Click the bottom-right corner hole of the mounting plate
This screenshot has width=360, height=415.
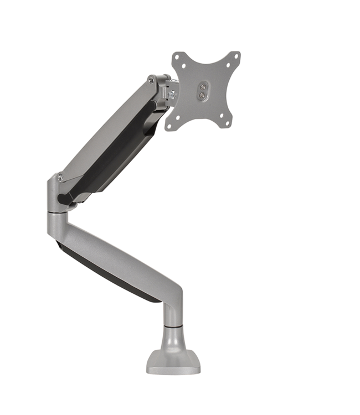pyautogui.click(x=229, y=124)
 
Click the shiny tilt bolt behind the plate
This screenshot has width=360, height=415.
pyautogui.click(x=172, y=95)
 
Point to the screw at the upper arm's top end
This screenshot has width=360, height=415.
pyautogui.click(x=151, y=81)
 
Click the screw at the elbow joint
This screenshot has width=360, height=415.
pyautogui.click(x=60, y=178)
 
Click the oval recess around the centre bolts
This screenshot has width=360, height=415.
pyautogui.click(x=202, y=91)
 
